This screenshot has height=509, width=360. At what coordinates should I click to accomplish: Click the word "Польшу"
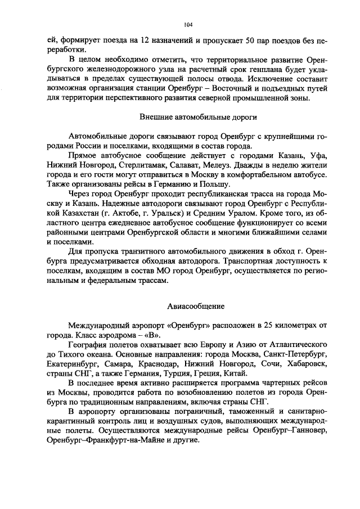point(214,184)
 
